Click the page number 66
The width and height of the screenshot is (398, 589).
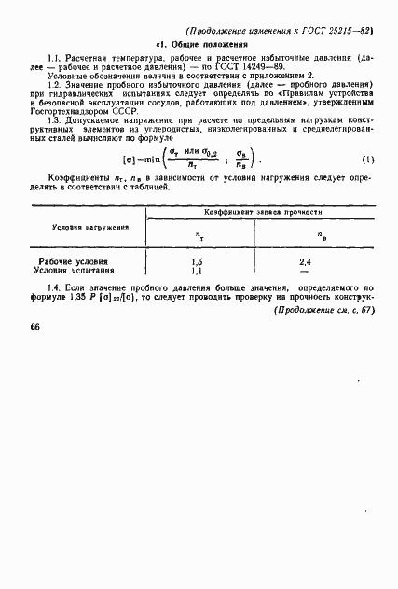pyautogui.click(x=34, y=327)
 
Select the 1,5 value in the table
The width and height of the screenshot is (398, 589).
pyautogui.click(x=196, y=262)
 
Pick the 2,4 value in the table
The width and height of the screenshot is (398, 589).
pyautogui.click(x=304, y=262)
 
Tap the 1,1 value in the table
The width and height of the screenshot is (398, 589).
pyautogui.click(x=196, y=271)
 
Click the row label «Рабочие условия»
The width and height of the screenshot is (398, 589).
pyautogui.click(x=74, y=262)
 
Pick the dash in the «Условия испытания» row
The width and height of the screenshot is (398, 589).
pyautogui.click(x=304, y=272)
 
